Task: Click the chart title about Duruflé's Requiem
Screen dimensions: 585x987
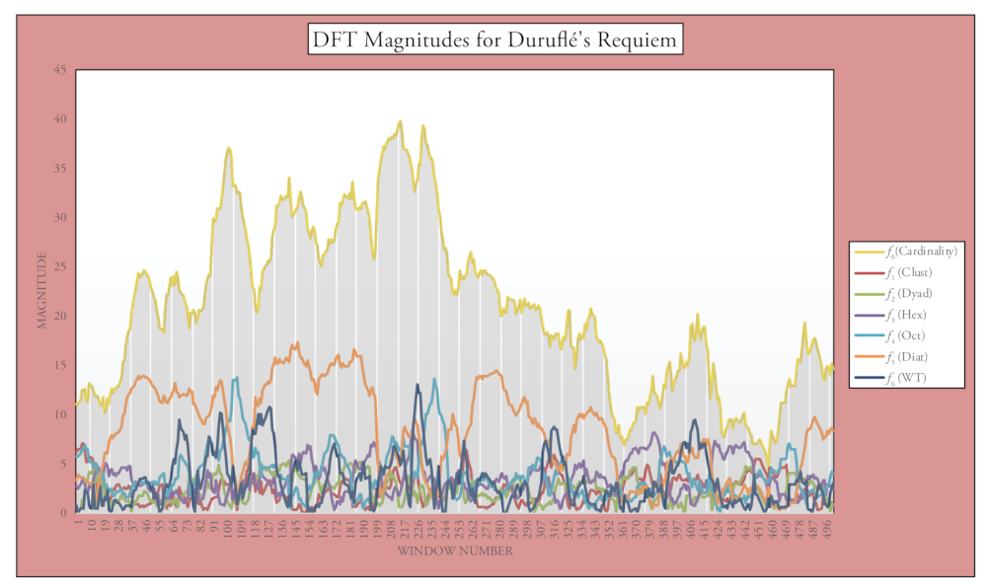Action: pyautogui.click(x=495, y=40)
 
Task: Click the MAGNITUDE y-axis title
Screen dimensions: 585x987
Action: pyautogui.click(x=42, y=290)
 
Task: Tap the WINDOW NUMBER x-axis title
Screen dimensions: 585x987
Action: pyautogui.click(x=455, y=551)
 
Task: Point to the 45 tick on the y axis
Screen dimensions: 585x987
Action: pyautogui.click(x=60, y=70)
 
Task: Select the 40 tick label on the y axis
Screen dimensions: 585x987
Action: pyautogui.click(x=60, y=119)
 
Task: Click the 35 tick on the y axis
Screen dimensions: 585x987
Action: pyautogui.click(x=60, y=169)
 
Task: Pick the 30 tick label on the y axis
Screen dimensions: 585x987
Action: pyautogui.click(x=60, y=218)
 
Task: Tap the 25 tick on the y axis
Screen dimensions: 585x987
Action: pyautogui.click(x=60, y=267)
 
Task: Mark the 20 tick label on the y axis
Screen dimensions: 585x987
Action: pyautogui.click(x=60, y=317)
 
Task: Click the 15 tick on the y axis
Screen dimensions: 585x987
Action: pyautogui.click(x=60, y=366)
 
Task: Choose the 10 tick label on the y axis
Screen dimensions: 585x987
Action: pyautogui.click(x=60, y=415)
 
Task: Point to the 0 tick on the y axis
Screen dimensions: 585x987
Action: pyautogui.click(x=63, y=513)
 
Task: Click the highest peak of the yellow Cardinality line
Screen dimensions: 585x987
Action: pyautogui.click(x=400, y=121)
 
